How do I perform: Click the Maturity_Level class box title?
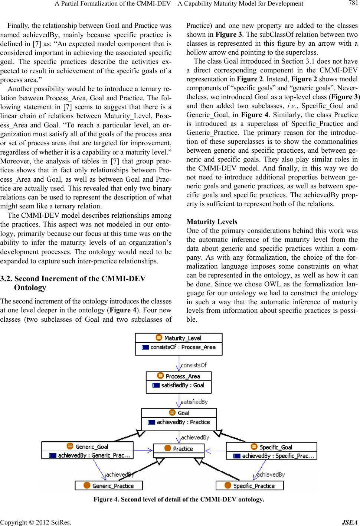point(179,338)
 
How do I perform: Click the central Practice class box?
point(179,449)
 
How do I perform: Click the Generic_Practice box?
point(109,486)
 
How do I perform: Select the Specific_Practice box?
point(250,486)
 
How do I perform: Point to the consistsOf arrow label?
point(193,365)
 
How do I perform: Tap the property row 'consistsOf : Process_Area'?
point(179,347)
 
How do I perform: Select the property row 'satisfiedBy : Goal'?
point(179,385)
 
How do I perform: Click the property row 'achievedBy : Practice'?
point(179,422)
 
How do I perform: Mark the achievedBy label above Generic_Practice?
point(120,474)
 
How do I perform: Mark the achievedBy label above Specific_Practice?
point(271,474)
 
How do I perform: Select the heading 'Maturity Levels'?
point(212,222)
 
